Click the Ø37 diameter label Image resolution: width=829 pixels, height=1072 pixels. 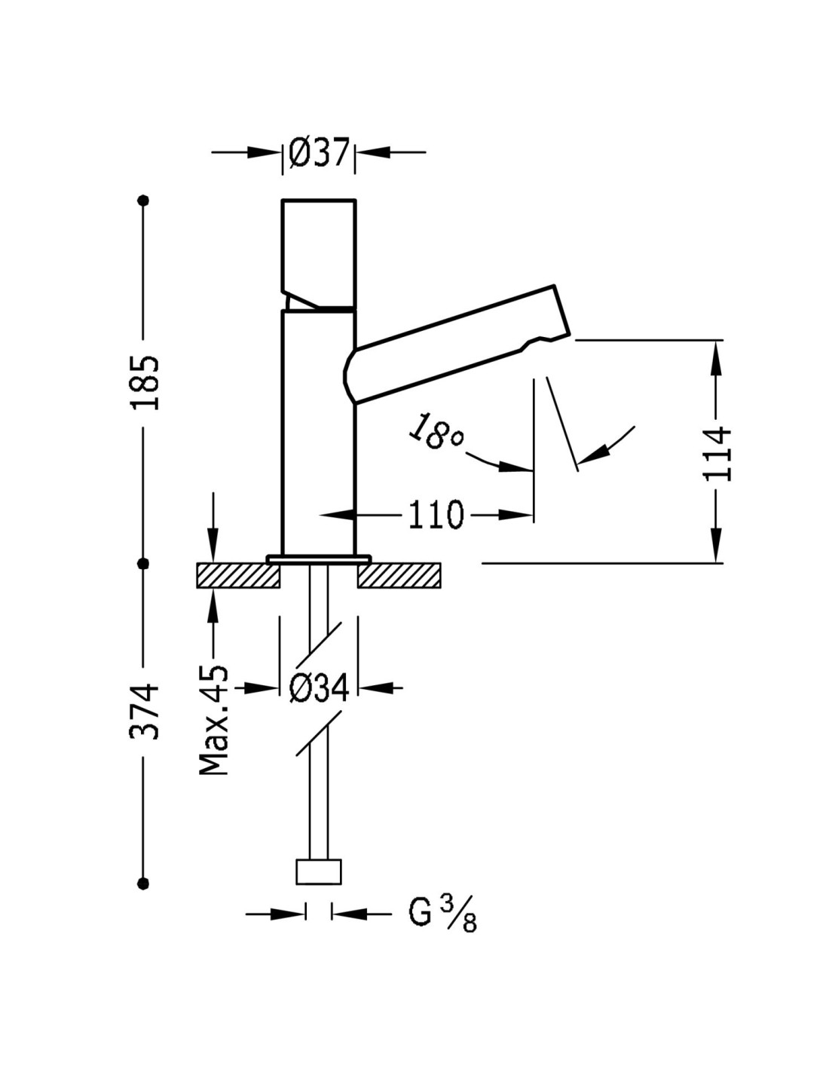point(319,153)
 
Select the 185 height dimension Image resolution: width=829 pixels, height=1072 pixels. point(145,382)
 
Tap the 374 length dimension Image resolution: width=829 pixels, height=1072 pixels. point(145,711)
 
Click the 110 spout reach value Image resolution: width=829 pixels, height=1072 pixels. point(435,516)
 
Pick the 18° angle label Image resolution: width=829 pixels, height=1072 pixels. point(436,432)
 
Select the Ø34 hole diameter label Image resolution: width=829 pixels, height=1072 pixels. point(319,688)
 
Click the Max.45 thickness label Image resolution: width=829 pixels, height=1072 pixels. point(213,720)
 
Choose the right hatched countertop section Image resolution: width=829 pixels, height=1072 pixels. point(399,576)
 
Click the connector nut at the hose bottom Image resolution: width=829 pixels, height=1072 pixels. point(319,872)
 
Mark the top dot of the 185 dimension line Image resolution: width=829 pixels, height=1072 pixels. point(144,201)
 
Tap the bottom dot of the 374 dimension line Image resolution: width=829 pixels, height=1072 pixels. point(144,883)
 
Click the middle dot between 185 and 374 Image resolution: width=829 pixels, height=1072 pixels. point(144,563)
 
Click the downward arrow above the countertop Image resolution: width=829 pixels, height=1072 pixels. point(213,547)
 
